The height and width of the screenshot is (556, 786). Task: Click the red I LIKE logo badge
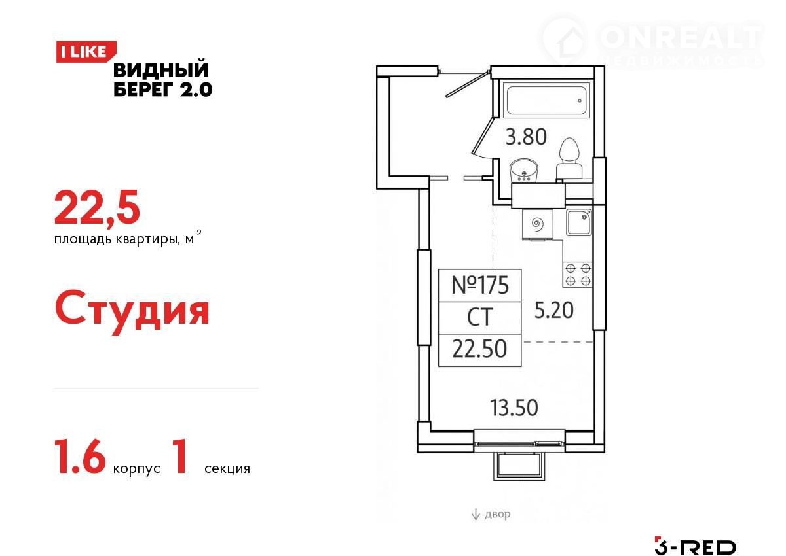(86, 52)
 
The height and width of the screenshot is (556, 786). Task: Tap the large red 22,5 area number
(97, 208)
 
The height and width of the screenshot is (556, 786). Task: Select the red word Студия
(132, 311)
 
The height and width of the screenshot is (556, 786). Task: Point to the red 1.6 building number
(80, 457)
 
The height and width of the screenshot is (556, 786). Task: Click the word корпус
(136, 469)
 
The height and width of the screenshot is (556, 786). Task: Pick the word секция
(227, 468)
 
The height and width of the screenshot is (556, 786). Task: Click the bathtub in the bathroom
(547, 101)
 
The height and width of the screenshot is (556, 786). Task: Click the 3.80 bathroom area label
(526, 137)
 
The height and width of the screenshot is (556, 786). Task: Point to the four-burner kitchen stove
(578, 275)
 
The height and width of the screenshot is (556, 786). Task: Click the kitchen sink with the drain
(578, 222)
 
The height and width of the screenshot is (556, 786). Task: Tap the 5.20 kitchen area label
(553, 310)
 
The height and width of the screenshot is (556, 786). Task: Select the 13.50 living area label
(514, 408)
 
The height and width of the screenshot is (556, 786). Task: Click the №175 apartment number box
(479, 285)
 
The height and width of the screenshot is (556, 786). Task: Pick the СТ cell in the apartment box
(479, 317)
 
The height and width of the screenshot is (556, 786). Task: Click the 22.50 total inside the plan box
(479, 349)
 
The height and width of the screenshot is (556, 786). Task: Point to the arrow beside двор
(476, 514)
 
